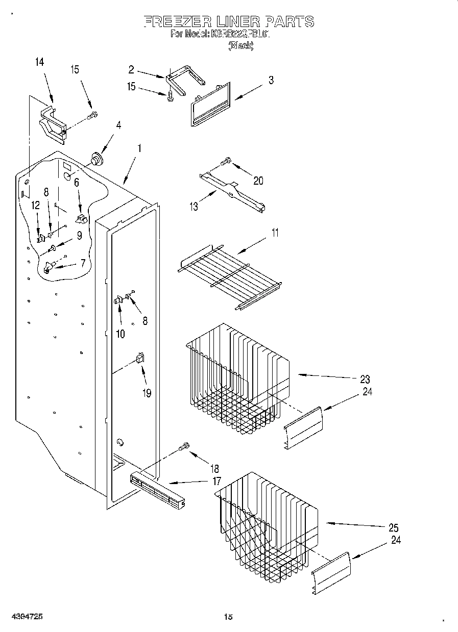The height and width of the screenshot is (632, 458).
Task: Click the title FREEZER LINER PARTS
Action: (x=228, y=21)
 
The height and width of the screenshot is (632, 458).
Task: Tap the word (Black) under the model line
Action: (x=240, y=45)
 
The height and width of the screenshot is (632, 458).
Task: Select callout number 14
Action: (x=39, y=62)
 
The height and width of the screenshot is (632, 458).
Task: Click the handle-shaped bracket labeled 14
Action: (x=53, y=122)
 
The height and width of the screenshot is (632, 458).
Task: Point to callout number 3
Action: (x=271, y=80)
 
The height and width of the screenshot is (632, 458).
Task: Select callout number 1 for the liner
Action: (x=139, y=149)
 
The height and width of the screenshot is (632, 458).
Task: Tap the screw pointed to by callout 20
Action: (x=226, y=162)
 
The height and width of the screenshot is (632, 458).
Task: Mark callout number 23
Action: (x=365, y=380)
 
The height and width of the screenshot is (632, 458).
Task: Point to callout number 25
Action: (x=393, y=527)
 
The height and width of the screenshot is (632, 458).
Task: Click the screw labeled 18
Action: (x=184, y=446)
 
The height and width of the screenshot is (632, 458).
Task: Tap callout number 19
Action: (x=147, y=393)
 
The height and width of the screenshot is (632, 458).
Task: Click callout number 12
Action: (x=35, y=205)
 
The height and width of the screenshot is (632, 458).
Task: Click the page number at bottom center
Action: (x=228, y=617)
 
